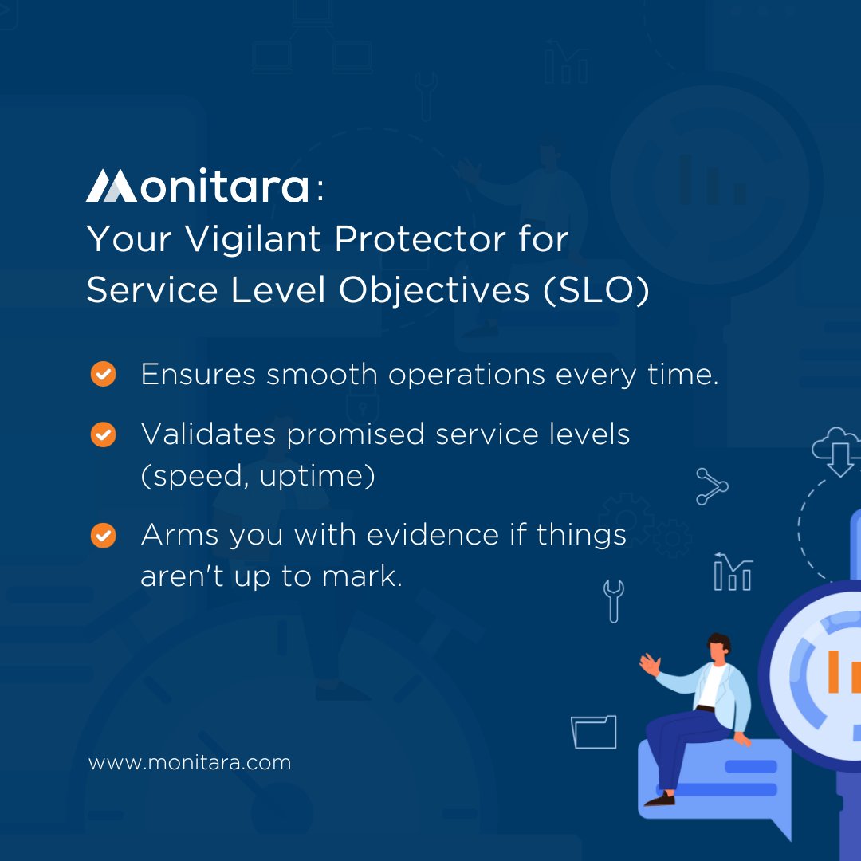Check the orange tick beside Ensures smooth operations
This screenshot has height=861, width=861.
click(x=103, y=373)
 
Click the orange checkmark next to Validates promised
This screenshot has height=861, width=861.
click(x=103, y=434)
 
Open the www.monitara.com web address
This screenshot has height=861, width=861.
click(x=190, y=762)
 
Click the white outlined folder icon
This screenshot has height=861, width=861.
click(x=594, y=732)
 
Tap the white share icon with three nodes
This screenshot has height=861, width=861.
click(x=711, y=486)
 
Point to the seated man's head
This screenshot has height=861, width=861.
click(x=717, y=647)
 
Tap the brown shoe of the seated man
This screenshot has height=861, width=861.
click(x=660, y=798)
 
